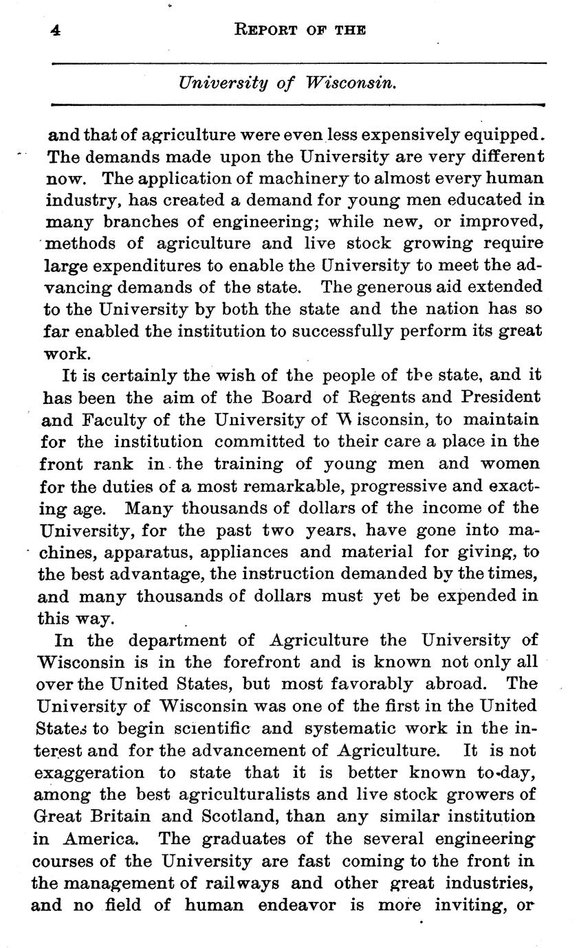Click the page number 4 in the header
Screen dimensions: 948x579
[x=54, y=30]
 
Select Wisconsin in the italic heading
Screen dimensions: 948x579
[x=351, y=84]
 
